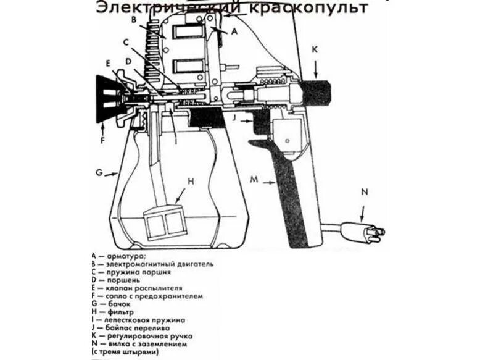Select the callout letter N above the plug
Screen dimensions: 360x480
(x=364, y=192)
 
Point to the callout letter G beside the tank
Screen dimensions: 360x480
(x=99, y=172)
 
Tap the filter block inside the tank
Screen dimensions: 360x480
(x=164, y=223)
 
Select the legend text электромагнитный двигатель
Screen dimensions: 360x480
(x=160, y=264)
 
